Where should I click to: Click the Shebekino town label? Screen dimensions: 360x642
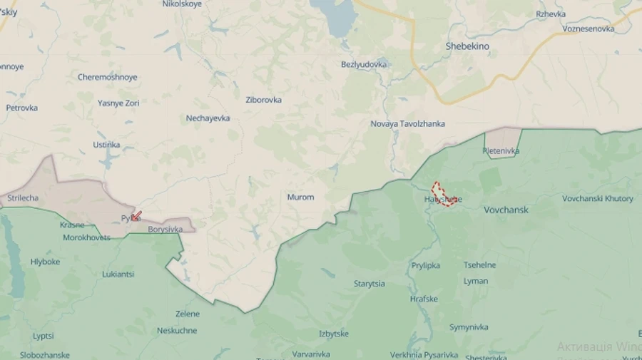(x=467, y=46)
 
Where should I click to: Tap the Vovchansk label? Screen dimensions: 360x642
(x=506, y=210)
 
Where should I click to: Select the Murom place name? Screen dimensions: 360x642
(x=300, y=197)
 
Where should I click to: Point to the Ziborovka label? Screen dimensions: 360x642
(x=263, y=100)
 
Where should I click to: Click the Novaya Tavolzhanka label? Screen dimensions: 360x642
(x=407, y=123)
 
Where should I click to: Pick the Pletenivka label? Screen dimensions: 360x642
(x=501, y=151)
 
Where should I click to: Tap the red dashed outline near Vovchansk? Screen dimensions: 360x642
(x=444, y=194)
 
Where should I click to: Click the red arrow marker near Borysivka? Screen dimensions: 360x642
(x=136, y=215)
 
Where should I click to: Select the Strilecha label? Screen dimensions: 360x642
(x=23, y=197)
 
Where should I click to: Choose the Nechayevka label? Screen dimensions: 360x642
(x=208, y=118)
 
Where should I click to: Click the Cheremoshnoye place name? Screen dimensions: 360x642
(x=108, y=77)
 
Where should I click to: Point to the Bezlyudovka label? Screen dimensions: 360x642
(x=364, y=64)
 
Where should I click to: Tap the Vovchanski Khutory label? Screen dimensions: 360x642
(x=598, y=198)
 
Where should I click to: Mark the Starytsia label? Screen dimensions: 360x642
(x=369, y=284)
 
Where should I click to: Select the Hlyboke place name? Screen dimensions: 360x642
(x=45, y=262)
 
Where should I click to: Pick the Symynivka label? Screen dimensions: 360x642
(x=469, y=327)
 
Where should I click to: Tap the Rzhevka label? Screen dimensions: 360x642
(x=551, y=14)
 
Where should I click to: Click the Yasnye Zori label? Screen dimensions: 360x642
(x=118, y=103)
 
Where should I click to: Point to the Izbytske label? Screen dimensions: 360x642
(x=334, y=334)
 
